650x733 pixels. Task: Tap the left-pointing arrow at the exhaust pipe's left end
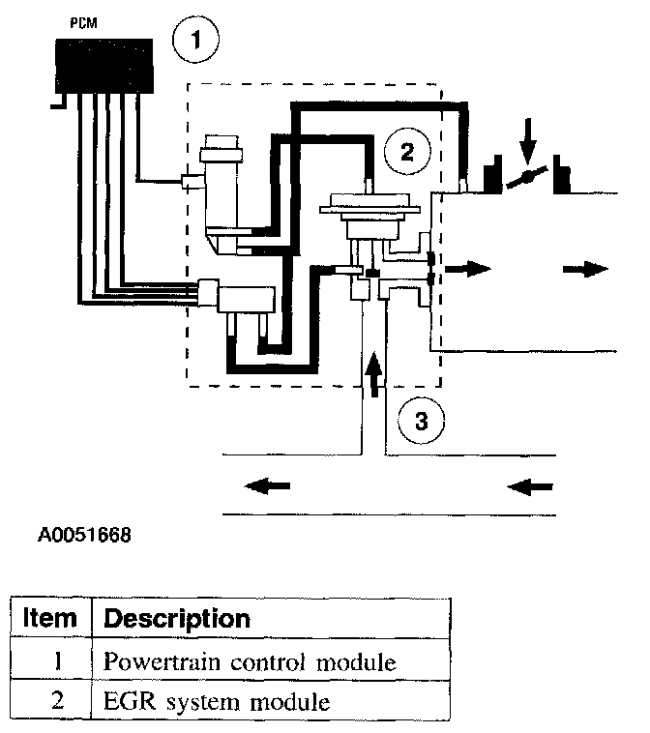pos(267,485)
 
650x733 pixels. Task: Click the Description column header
pos(176,618)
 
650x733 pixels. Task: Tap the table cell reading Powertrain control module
pos(250,663)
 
